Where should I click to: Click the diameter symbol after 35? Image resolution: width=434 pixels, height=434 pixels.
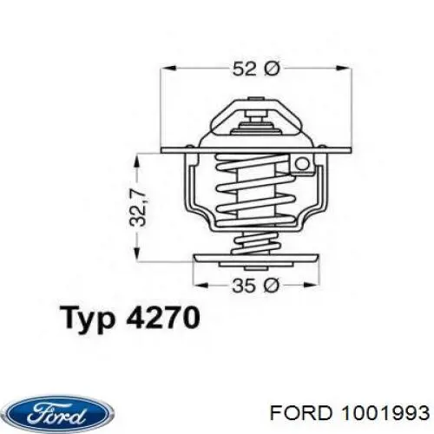[271, 284]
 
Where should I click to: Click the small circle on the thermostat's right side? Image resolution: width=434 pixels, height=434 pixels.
[302, 163]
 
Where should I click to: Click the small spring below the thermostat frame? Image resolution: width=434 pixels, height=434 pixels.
[255, 243]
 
